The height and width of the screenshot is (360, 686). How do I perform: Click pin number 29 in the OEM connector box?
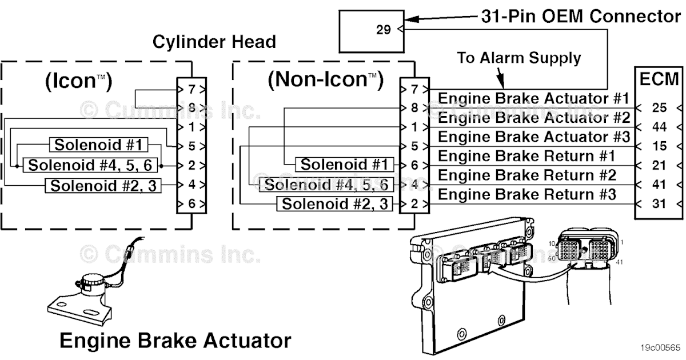tap(384, 30)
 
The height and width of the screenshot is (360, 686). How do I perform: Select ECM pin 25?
tap(659, 107)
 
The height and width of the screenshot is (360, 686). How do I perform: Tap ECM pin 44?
tap(659, 127)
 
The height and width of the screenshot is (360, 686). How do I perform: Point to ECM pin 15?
tap(659, 146)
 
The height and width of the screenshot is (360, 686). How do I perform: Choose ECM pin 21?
tap(659, 165)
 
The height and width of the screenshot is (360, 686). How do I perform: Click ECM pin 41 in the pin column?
tap(659, 185)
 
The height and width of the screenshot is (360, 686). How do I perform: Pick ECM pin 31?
tap(659, 203)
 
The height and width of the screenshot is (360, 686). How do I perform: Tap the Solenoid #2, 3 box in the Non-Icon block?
tap(336, 203)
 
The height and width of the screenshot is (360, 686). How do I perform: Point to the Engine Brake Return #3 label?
tap(527, 195)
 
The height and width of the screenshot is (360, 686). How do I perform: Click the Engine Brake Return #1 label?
tap(527, 156)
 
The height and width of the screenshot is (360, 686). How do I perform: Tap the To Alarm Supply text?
tap(519, 58)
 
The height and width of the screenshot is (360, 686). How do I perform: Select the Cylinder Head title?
tap(214, 42)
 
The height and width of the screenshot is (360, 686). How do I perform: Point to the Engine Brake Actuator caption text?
tap(175, 341)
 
